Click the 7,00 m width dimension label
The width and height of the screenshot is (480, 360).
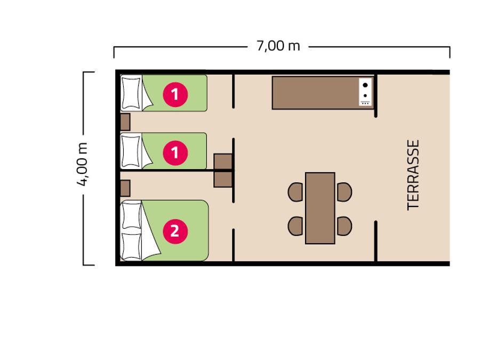tap(278, 46)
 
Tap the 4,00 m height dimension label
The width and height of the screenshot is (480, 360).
tap(82, 164)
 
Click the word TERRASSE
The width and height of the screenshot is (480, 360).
tap(413, 175)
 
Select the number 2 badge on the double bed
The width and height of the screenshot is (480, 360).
tap(175, 231)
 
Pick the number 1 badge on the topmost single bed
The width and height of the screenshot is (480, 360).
tap(175, 94)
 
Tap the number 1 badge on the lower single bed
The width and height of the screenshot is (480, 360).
tap(175, 153)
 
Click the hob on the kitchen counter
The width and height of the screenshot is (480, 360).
tap(365, 92)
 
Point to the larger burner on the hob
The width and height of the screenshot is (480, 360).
tap(365, 85)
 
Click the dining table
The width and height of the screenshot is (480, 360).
tap(320, 208)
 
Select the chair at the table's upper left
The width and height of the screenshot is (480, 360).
tap(295, 192)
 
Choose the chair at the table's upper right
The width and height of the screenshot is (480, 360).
tap(345, 192)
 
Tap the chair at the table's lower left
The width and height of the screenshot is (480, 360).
tap(295, 226)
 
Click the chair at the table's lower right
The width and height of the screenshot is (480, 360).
tap(345, 226)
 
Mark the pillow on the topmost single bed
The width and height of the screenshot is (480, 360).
tap(131, 93)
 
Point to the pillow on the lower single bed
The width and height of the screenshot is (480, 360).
tap(131, 151)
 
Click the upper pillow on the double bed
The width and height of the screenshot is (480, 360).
tap(132, 215)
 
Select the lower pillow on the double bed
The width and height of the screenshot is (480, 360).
tap(132, 246)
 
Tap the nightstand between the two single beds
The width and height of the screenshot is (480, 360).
tap(125, 122)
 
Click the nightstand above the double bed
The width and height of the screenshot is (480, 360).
tap(125, 188)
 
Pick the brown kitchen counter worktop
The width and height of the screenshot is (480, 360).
tap(315, 93)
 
